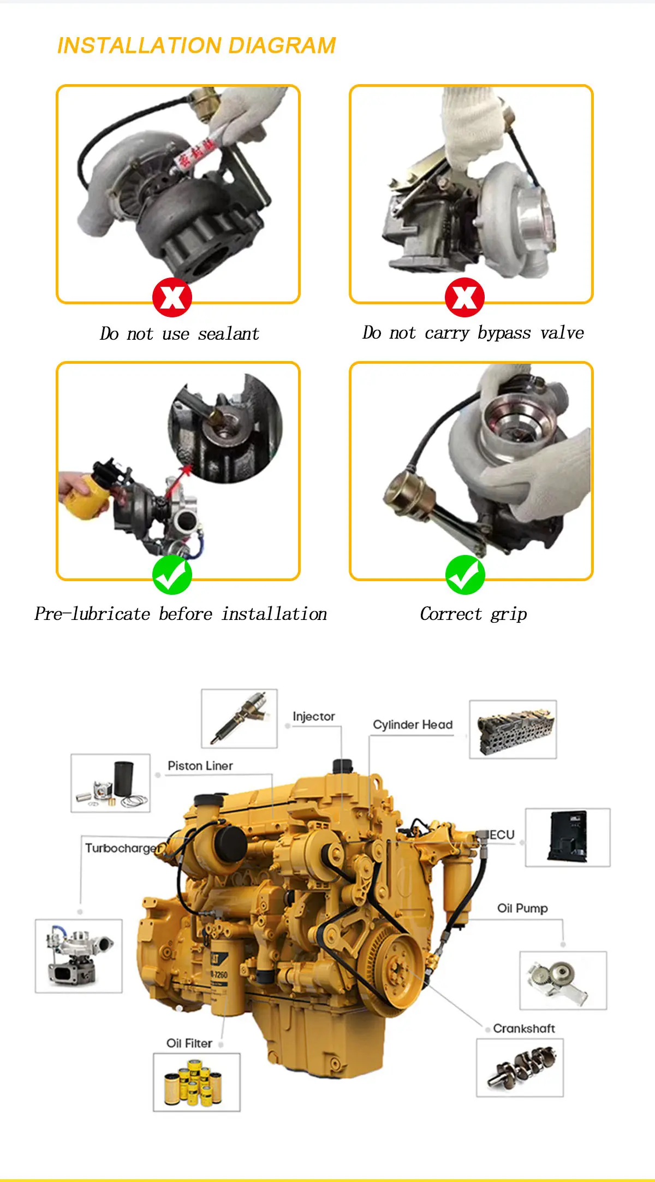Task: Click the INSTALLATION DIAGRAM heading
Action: click(x=196, y=46)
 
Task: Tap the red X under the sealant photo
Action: click(x=172, y=297)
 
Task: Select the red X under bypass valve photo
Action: click(x=465, y=297)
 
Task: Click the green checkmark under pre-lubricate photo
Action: click(x=172, y=575)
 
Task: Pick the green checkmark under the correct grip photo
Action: click(x=465, y=575)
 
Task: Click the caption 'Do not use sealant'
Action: click(x=180, y=334)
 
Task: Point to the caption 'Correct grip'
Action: click(x=473, y=614)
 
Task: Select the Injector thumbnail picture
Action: click(x=239, y=718)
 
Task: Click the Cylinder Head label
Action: click(x=413, y=725)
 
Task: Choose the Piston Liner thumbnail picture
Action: click(x=110, y=783)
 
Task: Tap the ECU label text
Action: click(x=502, y=835)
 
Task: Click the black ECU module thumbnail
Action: click(x=568, y=837)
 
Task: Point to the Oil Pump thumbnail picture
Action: click(x=563, y=980)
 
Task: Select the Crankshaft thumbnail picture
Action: click(x=520, y=1067)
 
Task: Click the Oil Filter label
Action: click(x=189, y=1043)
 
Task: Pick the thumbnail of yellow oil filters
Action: click(x=196, y=1082)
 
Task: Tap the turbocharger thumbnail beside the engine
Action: click(x=79, y=955)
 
